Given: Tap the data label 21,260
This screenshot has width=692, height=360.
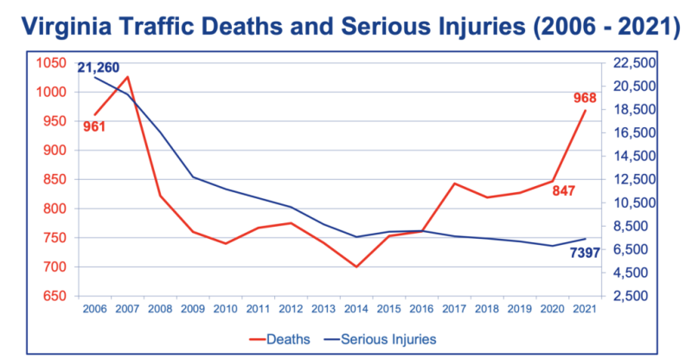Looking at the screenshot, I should click(99, 67).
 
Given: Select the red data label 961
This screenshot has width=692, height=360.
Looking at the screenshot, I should click(94, 127).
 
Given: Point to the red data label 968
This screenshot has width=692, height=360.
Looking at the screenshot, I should click(585, 98).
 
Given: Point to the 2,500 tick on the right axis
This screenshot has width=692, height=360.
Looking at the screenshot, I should click(633, 296).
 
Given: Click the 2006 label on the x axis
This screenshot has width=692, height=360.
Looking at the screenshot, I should click(94, 309).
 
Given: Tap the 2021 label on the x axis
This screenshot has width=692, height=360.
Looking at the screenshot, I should click(585, 309).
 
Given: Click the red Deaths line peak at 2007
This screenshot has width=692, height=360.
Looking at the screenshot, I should click(127, 77).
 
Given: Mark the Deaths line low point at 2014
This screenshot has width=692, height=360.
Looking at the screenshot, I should click(356, 267).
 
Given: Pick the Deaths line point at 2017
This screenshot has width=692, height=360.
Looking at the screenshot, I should click(454, 183).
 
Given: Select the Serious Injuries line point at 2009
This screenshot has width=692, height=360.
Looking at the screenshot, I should click(193, 177).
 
